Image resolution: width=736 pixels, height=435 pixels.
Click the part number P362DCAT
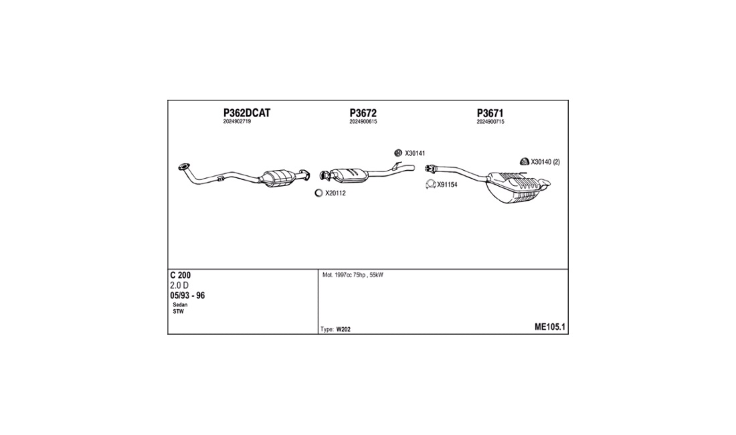click(x=246, y=113)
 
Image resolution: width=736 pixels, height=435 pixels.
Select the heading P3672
click(x=363, y=113)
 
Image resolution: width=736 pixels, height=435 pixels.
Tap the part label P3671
click(x=490, y=113)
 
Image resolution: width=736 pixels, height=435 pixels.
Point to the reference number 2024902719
click(x=237, y=122)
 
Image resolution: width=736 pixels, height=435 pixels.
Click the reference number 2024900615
click(x=363, y=122)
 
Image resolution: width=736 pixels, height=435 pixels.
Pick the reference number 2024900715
click(x=490, y=122)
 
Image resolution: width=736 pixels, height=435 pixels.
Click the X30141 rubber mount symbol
click(x=398, y=153)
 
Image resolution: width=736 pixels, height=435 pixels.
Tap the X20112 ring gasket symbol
click(x=318, y=193)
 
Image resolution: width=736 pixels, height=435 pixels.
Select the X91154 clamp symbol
click(x=430, y=185)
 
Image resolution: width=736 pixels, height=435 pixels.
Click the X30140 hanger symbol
click(x=525, y=161)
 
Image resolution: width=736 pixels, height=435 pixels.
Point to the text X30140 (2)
click(x=545, y=162)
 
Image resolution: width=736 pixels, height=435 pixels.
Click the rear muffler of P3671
click(x=517, y=187)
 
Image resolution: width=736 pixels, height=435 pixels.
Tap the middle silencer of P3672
click(x=349, y=175)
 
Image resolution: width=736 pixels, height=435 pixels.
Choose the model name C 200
click(x=180, y=276)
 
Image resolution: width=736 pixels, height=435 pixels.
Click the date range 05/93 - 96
click(x=187, y=296)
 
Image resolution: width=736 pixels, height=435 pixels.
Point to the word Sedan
click(x=180, y=305)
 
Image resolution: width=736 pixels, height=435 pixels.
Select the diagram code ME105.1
click(x=549, y=327)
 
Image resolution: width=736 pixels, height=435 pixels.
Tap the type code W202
click(x=343, y=329)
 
